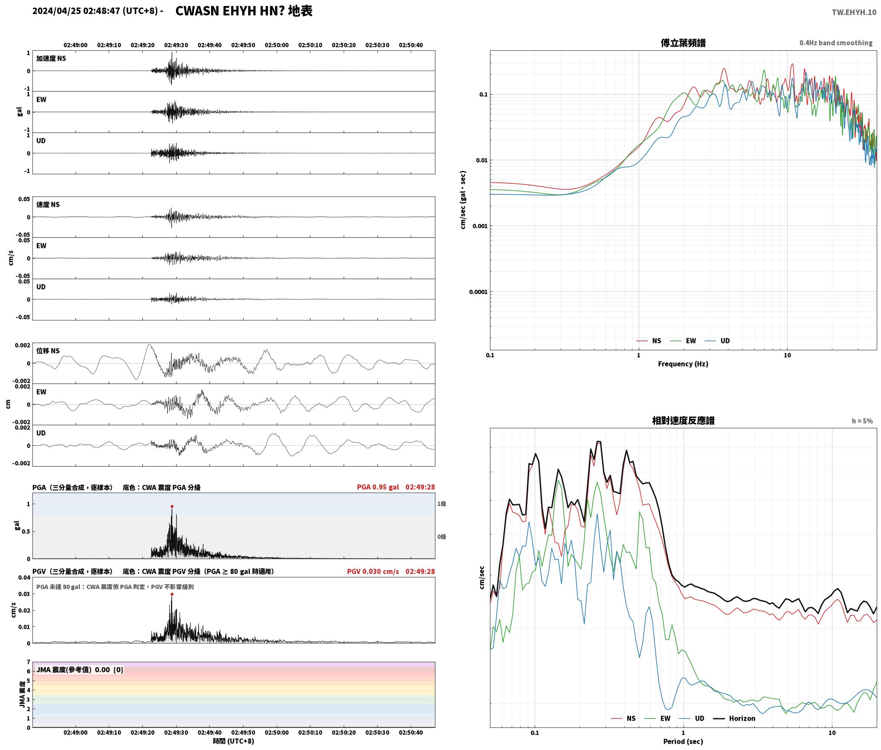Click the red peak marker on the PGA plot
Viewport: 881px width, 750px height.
(x=172, y=507)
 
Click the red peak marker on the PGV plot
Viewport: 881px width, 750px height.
(x=172, y=594)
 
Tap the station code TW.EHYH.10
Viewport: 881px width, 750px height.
(x=854, y=12)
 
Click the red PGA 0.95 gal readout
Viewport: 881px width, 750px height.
(x=378, y=487)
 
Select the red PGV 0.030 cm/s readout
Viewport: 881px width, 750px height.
(x=373, y=571)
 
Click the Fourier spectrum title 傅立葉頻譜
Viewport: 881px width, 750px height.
(x=683, y=43)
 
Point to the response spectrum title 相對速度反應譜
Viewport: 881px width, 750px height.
(x=683, y=421)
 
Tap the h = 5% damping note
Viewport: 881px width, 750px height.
(x=862, y=421)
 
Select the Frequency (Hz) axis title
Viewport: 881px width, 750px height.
(x=683, y=364)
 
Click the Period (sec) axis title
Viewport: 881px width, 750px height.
(x=683, y=741)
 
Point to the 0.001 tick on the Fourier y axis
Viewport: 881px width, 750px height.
(x=479, y=226)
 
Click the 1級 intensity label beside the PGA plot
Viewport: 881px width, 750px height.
(x=441, y=504)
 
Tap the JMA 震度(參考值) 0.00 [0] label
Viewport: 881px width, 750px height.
(x=80, y=669)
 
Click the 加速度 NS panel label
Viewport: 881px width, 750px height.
(x=51, y=58)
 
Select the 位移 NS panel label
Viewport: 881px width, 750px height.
(x=48, y=351)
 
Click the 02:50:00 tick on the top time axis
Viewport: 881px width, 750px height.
(x=277, y=45)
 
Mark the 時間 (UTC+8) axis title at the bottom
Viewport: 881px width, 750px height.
(x=234, y=741)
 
